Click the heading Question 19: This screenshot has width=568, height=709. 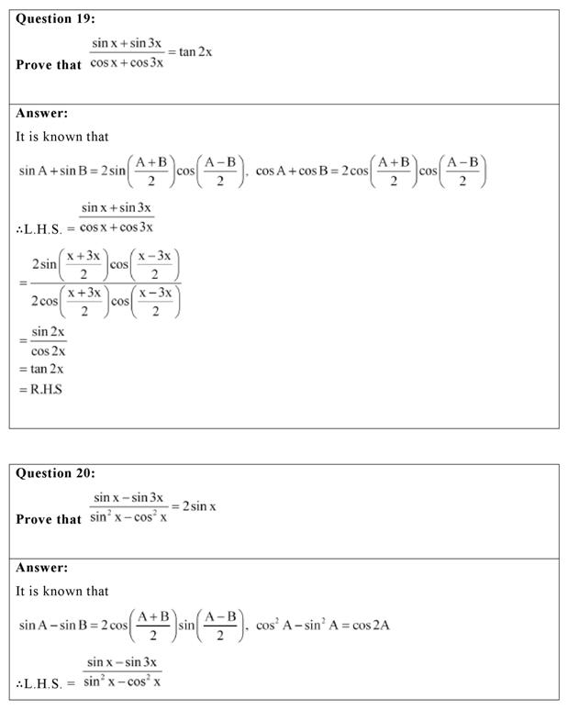(55, 18)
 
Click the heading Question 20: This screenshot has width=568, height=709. (55, 473)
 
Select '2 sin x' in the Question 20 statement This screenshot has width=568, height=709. (198, 505)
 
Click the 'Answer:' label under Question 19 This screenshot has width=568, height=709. (42, 114)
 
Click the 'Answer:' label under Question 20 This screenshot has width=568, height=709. (42, 569)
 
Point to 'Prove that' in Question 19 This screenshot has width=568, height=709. (49, 65)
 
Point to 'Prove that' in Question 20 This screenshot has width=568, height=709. (49, 519)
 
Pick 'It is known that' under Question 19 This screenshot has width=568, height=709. (62, 137)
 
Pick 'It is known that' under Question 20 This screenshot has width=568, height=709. (62, 592)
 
